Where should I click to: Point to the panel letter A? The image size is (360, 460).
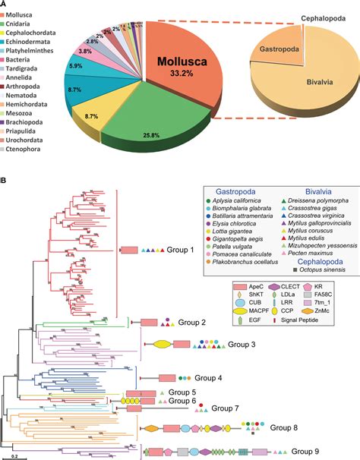point(5,5)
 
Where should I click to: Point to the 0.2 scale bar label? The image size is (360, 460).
point(15,456)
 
